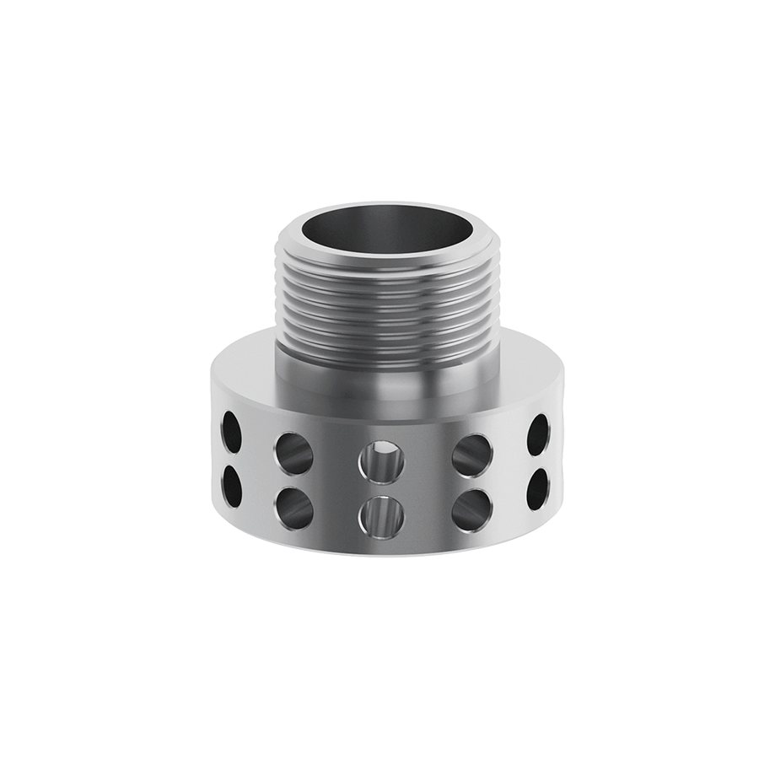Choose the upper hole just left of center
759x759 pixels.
click(x=294, y=453)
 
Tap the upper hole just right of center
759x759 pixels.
click(x=472, y=453)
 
